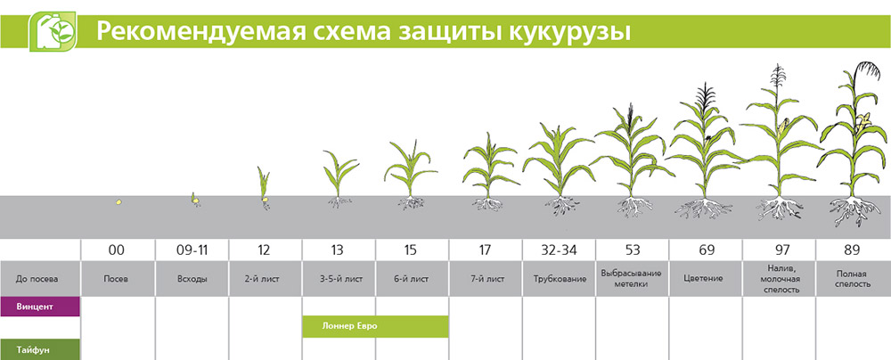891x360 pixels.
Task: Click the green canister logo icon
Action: (53, 32)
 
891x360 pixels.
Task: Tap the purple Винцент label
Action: (40, 307)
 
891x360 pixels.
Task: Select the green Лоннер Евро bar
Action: (376, 326)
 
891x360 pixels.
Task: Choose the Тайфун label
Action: (40, 349)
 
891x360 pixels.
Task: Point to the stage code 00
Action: (118, 250)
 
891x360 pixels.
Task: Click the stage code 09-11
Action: (192, 250)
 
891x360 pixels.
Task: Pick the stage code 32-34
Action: (559, 250)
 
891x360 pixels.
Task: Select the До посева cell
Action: (40, 279)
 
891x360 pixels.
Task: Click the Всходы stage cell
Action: (192, 279)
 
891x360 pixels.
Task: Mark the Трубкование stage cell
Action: (559, 279)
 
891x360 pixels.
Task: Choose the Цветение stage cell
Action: (705, 279)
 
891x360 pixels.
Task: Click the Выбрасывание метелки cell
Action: (632, 279)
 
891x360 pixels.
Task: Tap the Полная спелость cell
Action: (854, 279)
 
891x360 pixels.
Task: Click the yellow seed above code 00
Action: (119, 202)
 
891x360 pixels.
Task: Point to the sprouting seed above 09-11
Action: (195, 200)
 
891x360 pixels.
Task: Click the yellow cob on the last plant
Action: (863, 122)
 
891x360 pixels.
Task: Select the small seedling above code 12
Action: (264, 188)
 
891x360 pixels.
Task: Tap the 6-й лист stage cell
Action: (412, 279)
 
